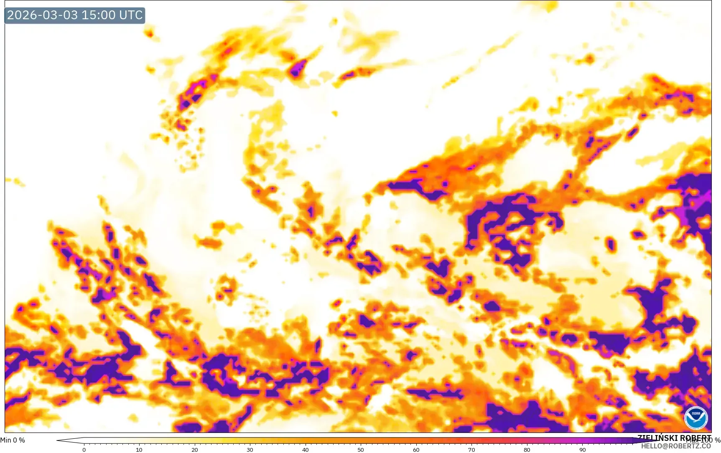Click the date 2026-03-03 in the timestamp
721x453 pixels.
click(x=43, y=15)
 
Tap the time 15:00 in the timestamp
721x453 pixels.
click(x=98, y=15)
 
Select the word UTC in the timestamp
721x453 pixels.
click(x=131, y=15)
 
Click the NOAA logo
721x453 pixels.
click(x=696, y=418)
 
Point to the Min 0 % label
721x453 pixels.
click(x=13, y=440)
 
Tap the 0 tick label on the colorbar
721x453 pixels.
click(x=84, y=450)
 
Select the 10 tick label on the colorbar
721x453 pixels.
click(x=139, y=450)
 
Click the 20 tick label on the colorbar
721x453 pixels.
click(x=195, y=450)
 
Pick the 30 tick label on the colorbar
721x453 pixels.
click(x=250, y=450)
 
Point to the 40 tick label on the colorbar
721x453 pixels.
click(x=306, y=450)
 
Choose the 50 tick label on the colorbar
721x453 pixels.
click(x=361, y=450)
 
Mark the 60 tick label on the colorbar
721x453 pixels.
click(x=416, y=450)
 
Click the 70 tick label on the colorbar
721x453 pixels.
click(x=471, y=450)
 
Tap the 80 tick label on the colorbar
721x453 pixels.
click(x=527, y=450)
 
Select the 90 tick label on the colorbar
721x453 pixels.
click(x=582, y=450)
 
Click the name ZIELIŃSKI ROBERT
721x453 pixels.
click(x=674, y=438)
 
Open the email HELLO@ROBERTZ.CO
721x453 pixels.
click(x=676, y=446)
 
